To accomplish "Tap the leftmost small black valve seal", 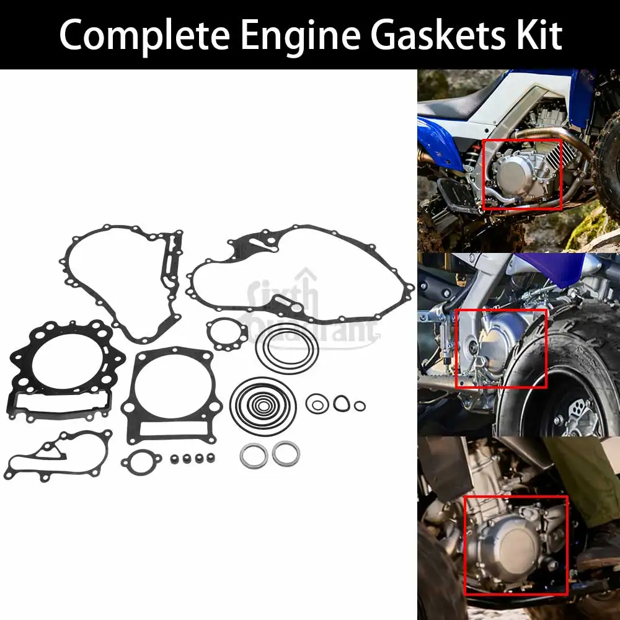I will (175, 459).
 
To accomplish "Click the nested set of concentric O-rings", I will (263, 405).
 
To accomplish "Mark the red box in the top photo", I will (521, 174).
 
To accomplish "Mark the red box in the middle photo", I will (502, 348).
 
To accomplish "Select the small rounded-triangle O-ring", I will (340, 404).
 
